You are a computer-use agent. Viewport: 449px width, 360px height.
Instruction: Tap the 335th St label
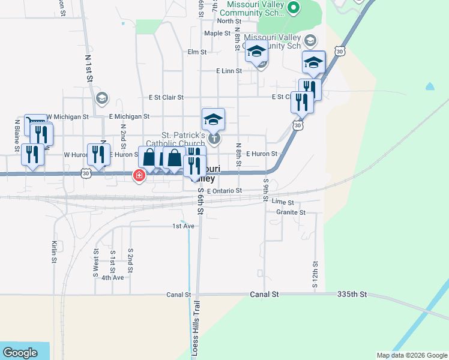[x=352, y=295]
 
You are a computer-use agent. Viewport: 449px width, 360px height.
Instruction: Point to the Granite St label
[x=291, y=212]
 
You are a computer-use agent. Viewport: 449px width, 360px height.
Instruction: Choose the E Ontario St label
[x=224, y=191]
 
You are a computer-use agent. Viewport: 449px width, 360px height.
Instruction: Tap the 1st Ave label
[x=183, y=226]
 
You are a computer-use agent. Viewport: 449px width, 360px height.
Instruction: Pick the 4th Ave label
[x=112, y=277]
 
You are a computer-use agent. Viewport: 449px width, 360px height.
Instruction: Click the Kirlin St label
[x=54, y=252]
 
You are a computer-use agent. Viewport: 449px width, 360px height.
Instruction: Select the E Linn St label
[x=229, y=71]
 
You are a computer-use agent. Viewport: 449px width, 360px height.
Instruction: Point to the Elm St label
[x=197, y=52]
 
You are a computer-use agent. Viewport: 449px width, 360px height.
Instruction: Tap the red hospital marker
[x=139, y=175]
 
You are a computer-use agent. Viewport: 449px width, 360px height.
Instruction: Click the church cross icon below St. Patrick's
[x=214, y=139]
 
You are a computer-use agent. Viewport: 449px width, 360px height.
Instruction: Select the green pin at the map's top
[x=293, y=8]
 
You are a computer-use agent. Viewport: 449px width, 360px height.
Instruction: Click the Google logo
[x=20, y=353]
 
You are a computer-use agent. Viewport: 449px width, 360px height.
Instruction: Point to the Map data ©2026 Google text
[x=412, y=355]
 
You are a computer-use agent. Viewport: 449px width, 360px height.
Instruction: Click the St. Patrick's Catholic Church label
[x=184, y=139]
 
